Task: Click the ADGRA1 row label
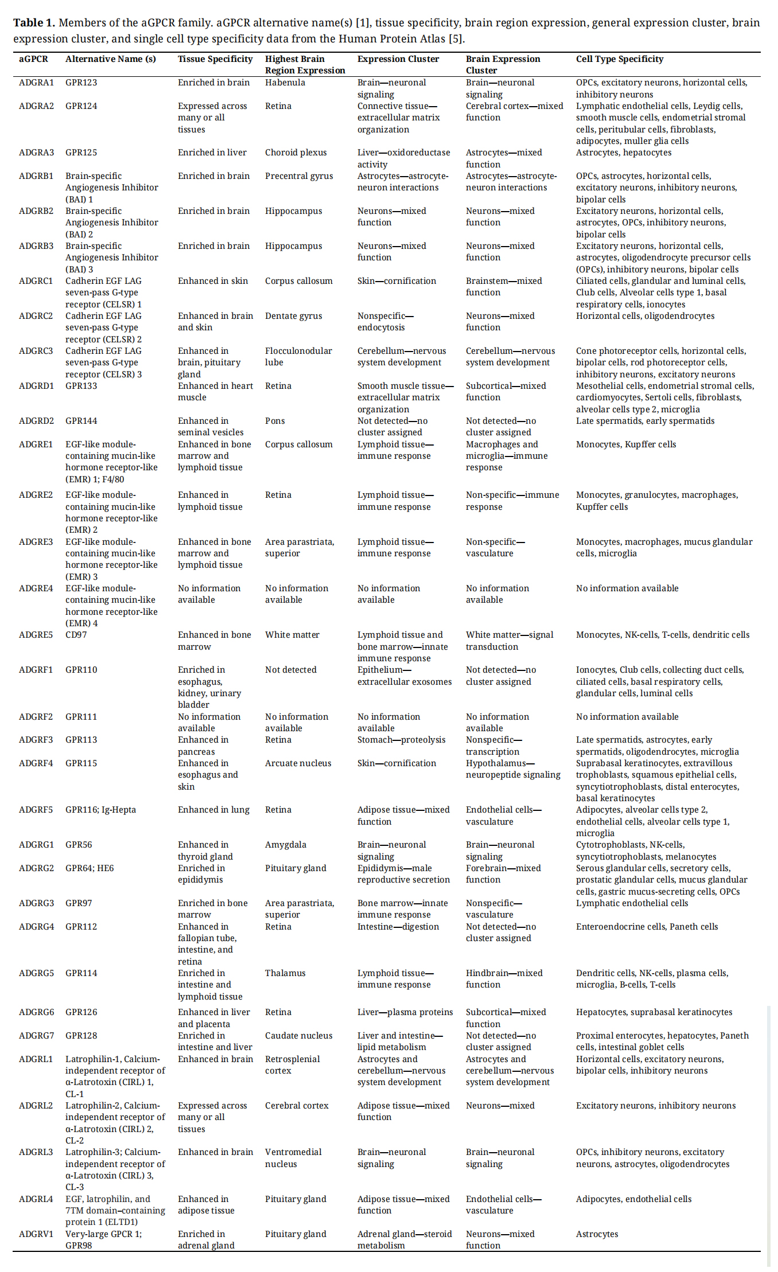point(36,83)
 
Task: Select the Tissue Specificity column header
point(215,59)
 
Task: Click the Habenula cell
point(285,83)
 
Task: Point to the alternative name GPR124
point(81,106)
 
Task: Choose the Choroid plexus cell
point(295,153)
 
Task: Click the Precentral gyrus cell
point(298,176)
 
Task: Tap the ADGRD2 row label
point(36,421)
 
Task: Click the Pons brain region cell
point(275,421)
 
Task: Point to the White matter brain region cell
point(292,635)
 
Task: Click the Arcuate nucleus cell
point(298,763)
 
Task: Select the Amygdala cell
point(285,845)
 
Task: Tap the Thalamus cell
point(285,973)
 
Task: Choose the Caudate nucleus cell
point(298,1036)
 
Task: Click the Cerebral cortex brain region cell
point(297,1106)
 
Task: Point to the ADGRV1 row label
point(36,1234)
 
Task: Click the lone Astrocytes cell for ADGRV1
point(597,1234)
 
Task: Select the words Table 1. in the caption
point(34,23)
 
